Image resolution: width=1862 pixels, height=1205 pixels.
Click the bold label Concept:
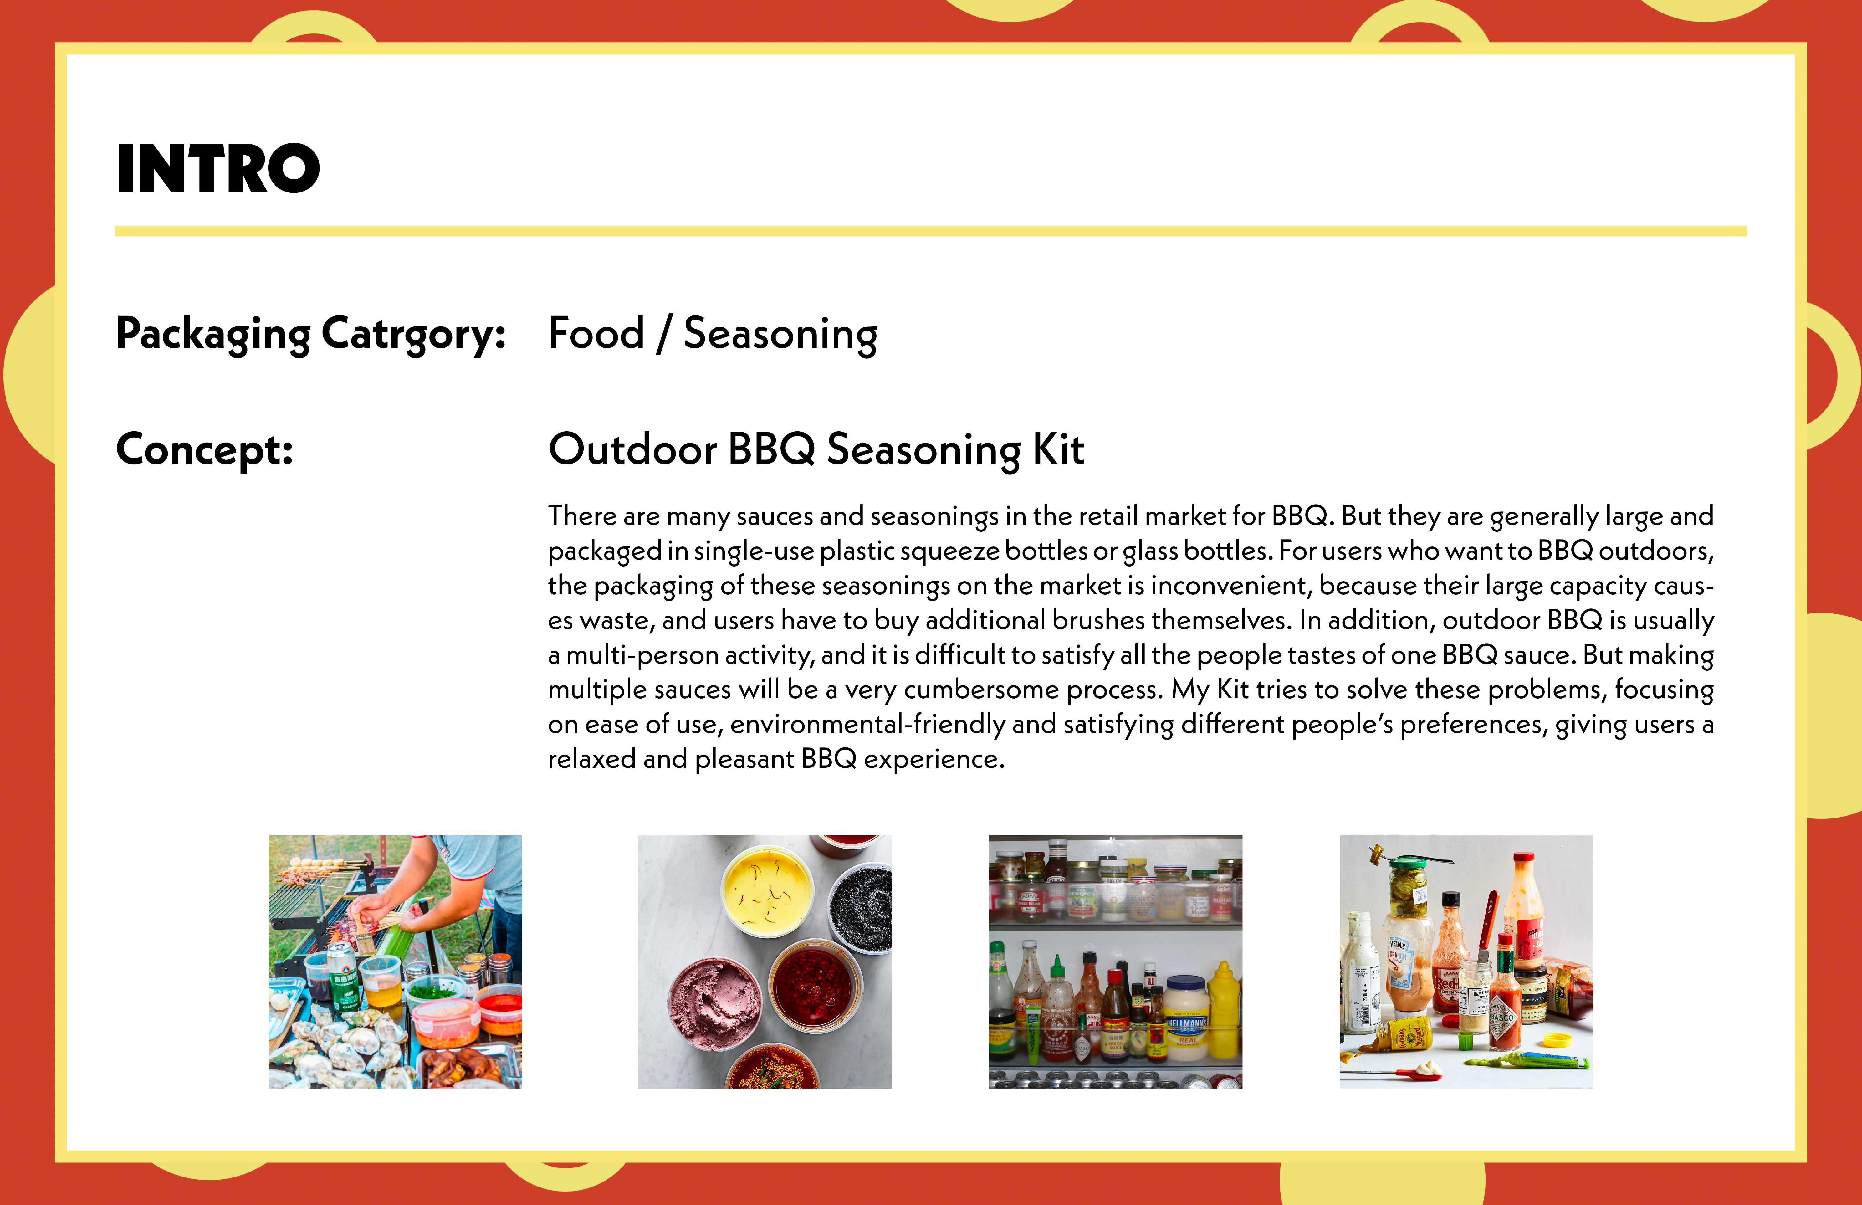pyautogui.click(x=205, y=450)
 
